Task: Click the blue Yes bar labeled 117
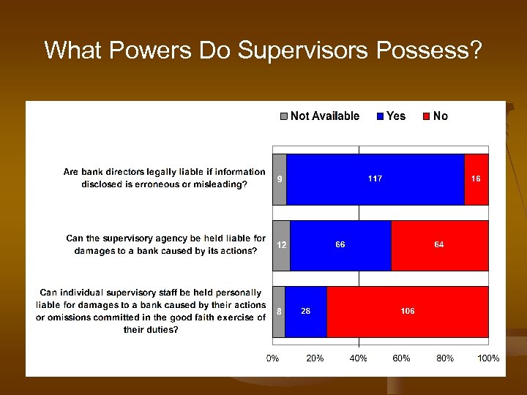coord(375,179)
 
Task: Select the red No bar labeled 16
coord(476,179)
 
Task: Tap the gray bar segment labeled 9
coord(279,179)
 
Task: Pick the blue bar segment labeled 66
coord(340,245)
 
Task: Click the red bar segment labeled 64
coord(439,245)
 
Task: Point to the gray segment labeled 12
coord(281,245)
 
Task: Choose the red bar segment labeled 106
coord(408,312)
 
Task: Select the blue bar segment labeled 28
coord(306,312)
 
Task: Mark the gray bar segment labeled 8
coord(278,312)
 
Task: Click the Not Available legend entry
coord(319,116)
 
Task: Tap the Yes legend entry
coord(391,116)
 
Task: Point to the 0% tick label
coord(272,358)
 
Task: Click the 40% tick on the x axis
coord(359,358)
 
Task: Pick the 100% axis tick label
coord(487,358)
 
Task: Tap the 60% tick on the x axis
coord(401,358)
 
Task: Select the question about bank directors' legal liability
coord(164,178)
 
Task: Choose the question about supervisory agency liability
coord(165,244)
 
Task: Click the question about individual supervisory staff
coord(151,311)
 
